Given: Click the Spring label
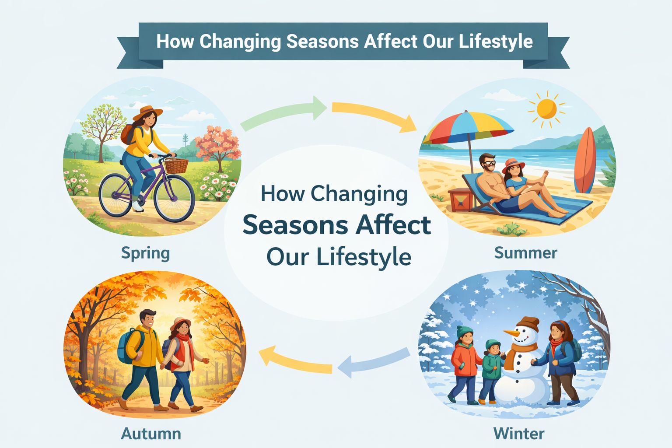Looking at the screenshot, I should click(x=145, y=253).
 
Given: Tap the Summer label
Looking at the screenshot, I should click(x=525, y=253).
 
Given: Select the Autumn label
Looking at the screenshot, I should click(x=151, y=434).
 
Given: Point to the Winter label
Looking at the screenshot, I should click(x=519, y=434).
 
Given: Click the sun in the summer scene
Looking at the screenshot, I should click(x=546, y=108).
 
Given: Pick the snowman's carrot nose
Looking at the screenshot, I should click(x=511, y=333).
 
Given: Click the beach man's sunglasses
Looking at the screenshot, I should click(x=489, y=163).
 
